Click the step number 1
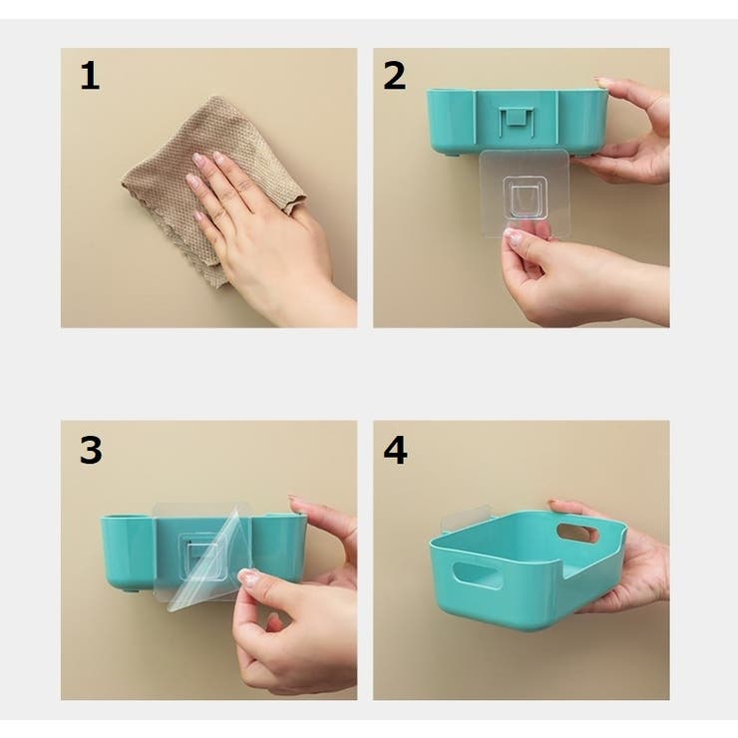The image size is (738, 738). coord(90,76)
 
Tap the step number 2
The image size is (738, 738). coord(394,76)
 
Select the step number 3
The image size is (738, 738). coord(91,450)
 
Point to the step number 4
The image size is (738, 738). coord(395,450)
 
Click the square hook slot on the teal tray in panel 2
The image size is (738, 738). coord(518,121)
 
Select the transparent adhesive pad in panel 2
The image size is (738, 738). coord(524,193)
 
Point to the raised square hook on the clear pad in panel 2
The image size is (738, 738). coord(525,197)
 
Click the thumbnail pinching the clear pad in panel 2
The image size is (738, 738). coord(514,234)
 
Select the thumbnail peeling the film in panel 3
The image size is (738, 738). coord(248,576)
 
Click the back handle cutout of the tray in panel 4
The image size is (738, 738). coord(577,533)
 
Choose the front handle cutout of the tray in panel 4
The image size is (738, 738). coord(476,573)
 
